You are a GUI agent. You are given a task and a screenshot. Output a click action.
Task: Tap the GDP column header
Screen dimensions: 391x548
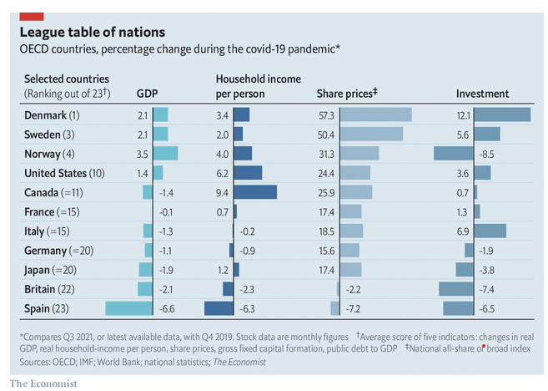(147, 94)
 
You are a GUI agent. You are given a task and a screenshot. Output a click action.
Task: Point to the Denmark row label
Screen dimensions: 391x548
(52, 115)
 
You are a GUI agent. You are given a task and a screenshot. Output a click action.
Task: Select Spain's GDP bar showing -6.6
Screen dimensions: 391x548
(129, 308)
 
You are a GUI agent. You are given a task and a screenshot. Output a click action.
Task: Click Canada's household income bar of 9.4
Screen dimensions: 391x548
(255, 192)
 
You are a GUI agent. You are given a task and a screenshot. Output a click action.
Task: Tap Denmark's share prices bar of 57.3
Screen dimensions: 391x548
(374, 115)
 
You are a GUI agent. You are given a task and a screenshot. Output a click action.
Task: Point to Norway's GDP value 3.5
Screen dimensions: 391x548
(143, 154)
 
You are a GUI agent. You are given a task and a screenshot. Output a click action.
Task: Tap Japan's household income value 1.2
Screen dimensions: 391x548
(222, 270)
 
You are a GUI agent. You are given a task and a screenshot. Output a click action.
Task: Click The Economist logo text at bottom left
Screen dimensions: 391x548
(43, 382)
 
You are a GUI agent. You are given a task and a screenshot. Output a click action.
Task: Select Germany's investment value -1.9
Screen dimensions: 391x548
(485, 250)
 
